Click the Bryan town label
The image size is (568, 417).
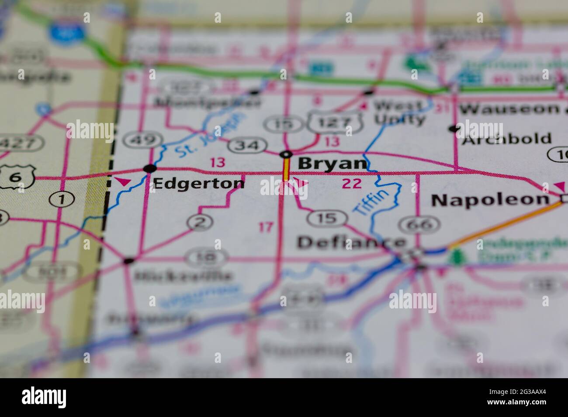[332, 164]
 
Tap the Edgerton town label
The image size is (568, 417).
[199, 183]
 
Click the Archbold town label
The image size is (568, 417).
[507, 139]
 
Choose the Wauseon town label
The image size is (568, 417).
[509, 109]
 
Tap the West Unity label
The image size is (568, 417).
[398, 112]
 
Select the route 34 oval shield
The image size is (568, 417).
[248, 145]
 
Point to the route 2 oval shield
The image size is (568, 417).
[200, 223]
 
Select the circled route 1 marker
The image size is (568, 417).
[62, 200]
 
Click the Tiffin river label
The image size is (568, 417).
[371, 202]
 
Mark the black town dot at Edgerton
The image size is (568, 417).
[150, 168]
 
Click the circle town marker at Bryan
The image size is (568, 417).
[286, 154]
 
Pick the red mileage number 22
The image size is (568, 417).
[352, 184]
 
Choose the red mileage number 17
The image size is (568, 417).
[266, 227]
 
